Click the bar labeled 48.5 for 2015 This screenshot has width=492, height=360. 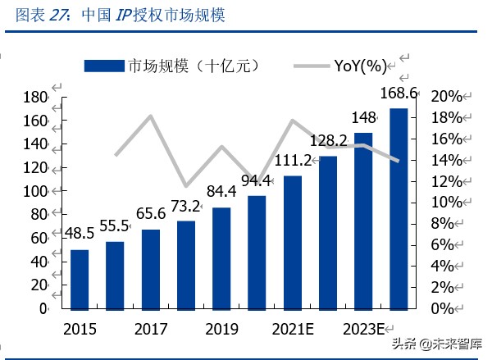coord(80,279)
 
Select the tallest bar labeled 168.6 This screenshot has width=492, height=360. coord(399,208)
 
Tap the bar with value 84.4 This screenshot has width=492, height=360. coord(221,257)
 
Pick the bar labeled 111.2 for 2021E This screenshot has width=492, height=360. coord(293,242)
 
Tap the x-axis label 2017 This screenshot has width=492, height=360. coord(151,330)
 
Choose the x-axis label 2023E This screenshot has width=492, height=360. coord(363,330)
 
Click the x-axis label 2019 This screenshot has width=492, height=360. coord(221,330)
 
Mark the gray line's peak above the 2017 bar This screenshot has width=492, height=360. coord(151,116)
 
